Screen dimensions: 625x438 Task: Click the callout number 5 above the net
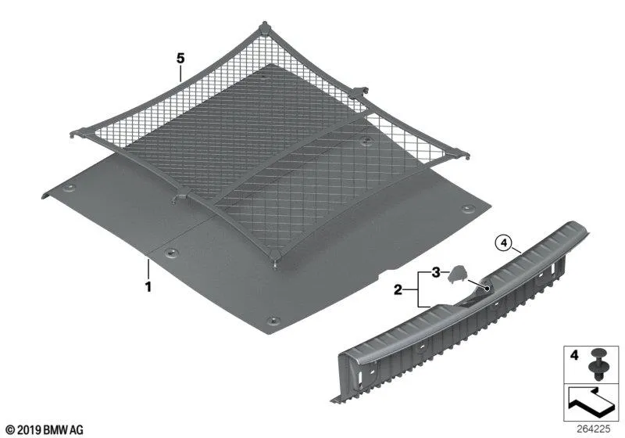[180, 59]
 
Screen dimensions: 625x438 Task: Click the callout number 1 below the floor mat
[148, 286]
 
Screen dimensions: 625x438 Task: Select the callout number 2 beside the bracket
[398, 289]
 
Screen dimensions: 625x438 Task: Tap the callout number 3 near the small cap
[436, 273]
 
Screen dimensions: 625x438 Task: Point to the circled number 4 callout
[504, 242]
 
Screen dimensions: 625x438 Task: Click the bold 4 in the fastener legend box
[574, 354]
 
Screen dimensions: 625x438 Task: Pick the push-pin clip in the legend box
[597, 364]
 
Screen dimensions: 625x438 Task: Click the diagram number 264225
[593, 429]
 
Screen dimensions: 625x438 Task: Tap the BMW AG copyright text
[45, 430]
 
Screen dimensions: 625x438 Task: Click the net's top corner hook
[264, 29]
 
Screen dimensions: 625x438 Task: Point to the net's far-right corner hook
[460, 153]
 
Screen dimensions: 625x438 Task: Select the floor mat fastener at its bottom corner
[273, 321]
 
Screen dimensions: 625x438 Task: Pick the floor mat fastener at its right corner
[466, 208]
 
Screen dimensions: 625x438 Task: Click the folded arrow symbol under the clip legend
[591, 402]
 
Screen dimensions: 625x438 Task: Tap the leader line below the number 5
[180, 74]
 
